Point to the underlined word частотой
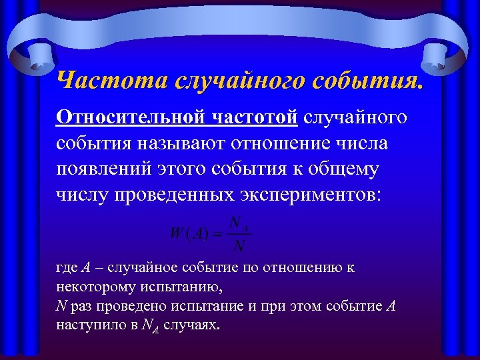255,117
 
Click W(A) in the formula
189,234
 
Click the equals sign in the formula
217,234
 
